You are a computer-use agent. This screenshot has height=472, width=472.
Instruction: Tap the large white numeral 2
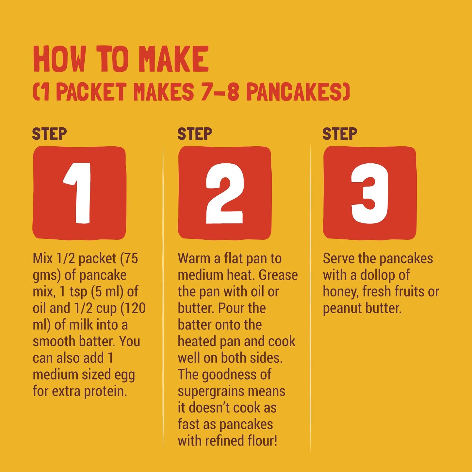[224, 193]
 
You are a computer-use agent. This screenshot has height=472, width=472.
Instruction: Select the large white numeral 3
[370, 193]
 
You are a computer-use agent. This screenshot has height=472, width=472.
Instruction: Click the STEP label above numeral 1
[49, 134]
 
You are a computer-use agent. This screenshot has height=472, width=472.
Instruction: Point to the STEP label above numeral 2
[195, 134]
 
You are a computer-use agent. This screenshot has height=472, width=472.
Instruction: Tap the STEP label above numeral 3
[340, 134]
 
